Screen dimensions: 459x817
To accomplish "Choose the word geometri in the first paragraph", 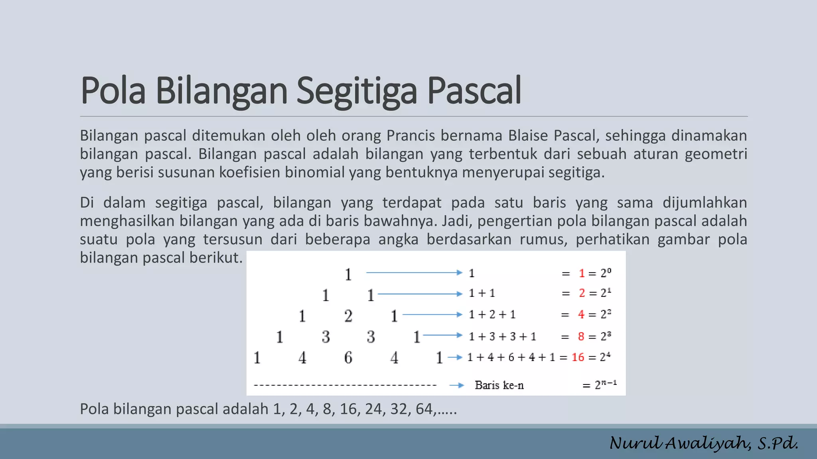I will pos(716,154).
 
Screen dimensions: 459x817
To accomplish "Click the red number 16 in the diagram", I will pos(578,357).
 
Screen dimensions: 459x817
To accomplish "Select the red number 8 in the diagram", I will pos(581,336).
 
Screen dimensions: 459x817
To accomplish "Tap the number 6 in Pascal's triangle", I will pos(348,357).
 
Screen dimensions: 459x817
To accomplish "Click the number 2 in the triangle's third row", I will pos(348,316).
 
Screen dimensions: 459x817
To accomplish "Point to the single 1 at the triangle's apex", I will pos(348,274).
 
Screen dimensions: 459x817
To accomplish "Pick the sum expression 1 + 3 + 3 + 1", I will pos(502,336).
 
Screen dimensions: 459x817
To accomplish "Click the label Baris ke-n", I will pos(499,385).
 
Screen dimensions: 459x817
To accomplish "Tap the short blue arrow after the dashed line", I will pos(456,385).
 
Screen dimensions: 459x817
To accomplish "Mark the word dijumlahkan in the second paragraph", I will pos(705,202).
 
